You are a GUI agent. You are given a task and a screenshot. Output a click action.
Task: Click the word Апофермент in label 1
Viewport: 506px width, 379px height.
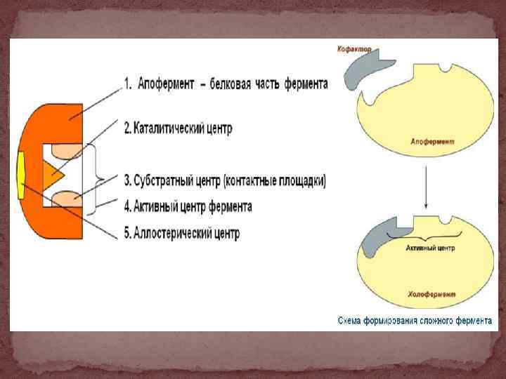[165, 84]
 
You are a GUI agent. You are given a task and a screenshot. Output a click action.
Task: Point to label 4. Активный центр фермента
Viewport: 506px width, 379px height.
[188, 206]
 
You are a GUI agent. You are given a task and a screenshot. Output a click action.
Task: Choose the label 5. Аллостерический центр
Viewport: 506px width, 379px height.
[181, 233]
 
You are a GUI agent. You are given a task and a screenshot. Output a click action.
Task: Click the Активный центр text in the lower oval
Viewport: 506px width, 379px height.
[431, 248]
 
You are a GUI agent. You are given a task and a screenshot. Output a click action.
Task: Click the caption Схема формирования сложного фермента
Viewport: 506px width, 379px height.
[415, 320]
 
